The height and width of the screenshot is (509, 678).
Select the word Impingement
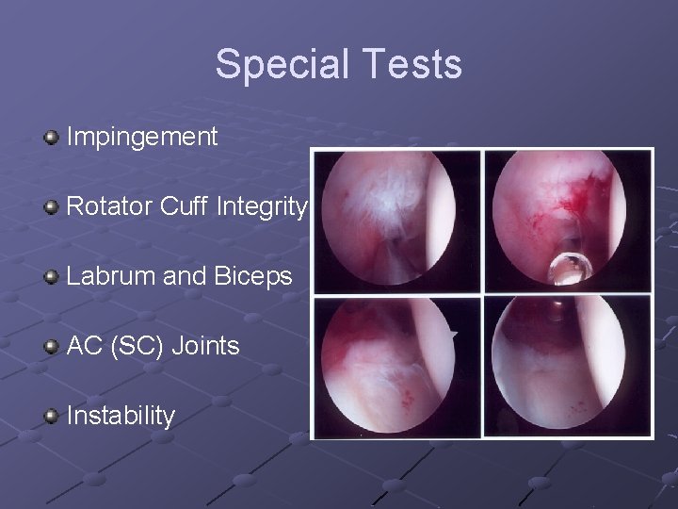(142, 137)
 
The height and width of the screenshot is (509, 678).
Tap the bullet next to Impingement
(51, 138)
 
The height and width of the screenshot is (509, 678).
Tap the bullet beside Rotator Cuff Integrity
(51, 206)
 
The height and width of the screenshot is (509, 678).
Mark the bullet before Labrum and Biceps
(51, 276)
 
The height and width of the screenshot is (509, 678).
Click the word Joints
(204, 346)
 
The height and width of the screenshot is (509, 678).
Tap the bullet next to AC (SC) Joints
(51, 346)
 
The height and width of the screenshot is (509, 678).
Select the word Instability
(121, 416)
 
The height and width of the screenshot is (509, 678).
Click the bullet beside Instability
(51, 416)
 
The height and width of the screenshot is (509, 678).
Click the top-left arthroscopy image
(396, 221)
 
